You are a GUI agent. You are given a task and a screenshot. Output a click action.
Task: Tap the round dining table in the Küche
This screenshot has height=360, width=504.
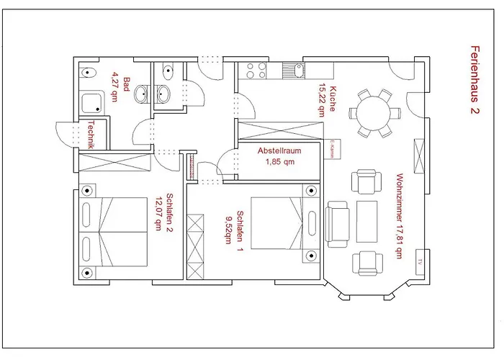coord(373,112)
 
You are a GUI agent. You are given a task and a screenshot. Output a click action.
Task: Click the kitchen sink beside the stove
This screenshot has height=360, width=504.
coord(294,70)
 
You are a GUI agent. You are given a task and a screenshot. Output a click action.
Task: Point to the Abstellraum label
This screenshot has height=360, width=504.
coord(279,151)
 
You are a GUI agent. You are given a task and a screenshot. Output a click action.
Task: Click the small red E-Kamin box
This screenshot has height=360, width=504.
coord(336,148)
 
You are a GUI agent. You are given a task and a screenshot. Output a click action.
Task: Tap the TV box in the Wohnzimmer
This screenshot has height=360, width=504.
coord(418,262)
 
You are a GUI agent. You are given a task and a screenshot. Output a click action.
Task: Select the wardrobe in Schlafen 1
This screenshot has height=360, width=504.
coord(196,246)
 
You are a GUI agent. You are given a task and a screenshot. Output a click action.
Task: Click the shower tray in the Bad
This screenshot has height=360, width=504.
coord(92,104)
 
